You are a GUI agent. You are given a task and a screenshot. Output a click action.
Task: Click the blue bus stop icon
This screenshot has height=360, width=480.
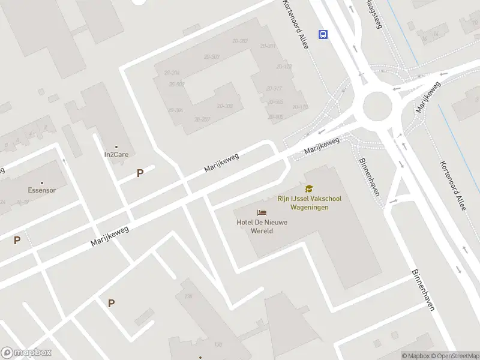323,34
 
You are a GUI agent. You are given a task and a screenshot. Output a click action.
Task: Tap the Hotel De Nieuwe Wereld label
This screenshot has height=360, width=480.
262,226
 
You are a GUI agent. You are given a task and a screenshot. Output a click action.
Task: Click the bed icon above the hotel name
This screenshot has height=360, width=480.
262,212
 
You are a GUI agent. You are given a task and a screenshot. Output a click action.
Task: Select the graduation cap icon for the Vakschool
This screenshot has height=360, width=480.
309,189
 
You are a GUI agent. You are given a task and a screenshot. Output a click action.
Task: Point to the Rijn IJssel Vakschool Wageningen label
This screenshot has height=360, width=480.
308,202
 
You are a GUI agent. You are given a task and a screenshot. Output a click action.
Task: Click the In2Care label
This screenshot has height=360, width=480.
116,154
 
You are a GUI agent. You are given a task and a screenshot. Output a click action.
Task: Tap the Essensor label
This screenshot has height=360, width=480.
42,190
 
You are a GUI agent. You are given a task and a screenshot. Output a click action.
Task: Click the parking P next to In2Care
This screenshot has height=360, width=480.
140,173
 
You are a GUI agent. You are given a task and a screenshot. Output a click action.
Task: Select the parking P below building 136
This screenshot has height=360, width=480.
111,304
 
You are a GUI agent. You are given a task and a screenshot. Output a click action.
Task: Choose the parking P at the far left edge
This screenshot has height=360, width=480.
17,241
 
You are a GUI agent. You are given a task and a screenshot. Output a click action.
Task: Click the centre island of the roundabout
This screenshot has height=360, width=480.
377,108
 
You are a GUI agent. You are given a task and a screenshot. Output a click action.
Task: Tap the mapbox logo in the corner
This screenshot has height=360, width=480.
26,353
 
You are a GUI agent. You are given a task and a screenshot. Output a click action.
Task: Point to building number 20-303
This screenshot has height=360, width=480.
211,56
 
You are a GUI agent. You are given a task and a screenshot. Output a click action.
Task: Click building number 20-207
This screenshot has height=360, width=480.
202,119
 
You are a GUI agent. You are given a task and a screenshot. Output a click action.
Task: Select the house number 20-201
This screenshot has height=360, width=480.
268,46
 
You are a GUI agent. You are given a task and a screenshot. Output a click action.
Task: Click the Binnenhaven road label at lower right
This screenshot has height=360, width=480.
422,289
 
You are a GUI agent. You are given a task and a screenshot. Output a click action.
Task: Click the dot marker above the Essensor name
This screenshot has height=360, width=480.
42,182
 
